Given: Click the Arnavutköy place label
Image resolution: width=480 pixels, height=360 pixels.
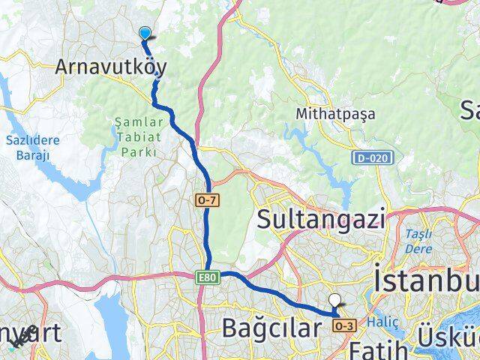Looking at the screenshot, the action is [x=110, y=67].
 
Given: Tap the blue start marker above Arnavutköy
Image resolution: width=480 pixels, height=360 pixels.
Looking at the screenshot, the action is [x=145, y=32].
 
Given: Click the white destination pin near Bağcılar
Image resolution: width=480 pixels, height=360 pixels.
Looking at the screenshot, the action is [x=334, y=301].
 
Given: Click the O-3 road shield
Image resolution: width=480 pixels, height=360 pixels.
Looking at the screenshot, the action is [x=344, y=325].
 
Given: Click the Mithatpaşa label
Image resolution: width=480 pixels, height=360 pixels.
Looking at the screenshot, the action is [x=335, y=115].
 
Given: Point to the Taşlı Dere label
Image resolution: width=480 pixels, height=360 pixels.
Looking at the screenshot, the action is [x=418, y=238].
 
